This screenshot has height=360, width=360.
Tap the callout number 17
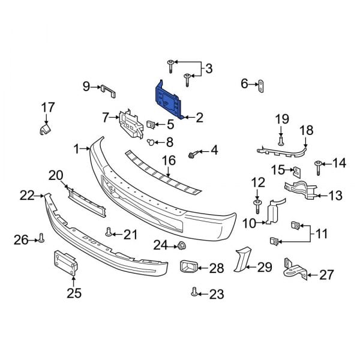click(x=47, y=107)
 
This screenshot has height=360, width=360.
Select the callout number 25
click(x=74, y=293)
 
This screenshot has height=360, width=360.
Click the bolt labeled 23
click(x=194, y=292)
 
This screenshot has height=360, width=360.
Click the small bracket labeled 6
click(x=262, y=86)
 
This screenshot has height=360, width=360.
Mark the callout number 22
click(x=26, y=194)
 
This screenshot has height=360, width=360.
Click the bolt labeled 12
click(x=257, y=206)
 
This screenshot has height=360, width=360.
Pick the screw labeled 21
click(x=109, y=232)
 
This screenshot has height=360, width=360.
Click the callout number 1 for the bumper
click(x=77, y=148)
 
